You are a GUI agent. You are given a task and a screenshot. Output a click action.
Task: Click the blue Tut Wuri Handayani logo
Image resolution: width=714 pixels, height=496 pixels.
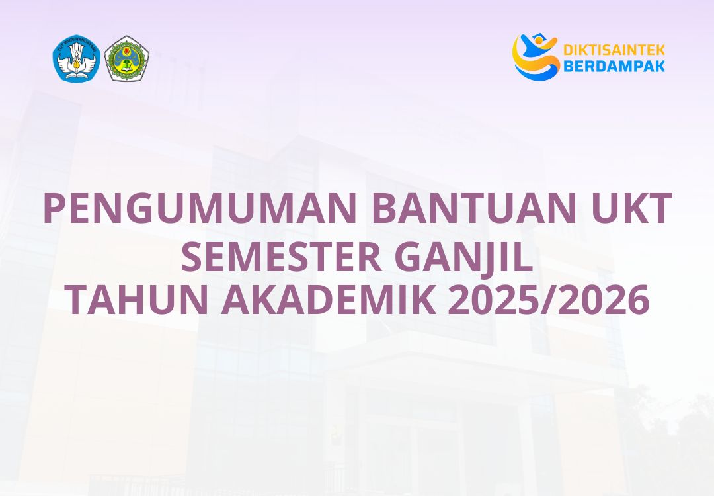coord(76,58)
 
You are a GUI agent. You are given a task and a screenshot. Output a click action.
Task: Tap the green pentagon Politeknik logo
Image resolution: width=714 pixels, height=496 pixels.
coord(127,58)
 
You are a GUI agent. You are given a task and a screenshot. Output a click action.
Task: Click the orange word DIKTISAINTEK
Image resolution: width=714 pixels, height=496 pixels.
coord(614,50)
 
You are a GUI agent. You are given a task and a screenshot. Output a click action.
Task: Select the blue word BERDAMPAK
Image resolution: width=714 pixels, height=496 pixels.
coord(614,65)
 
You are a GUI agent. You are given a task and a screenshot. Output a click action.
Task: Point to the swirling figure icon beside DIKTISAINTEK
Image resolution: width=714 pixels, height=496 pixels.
coord(535,57)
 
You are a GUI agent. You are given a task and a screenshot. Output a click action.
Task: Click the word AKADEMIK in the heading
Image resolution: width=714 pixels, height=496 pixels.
coord(328,301)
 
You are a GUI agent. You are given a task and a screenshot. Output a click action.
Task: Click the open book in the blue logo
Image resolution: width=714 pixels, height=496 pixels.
coord(76,72)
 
